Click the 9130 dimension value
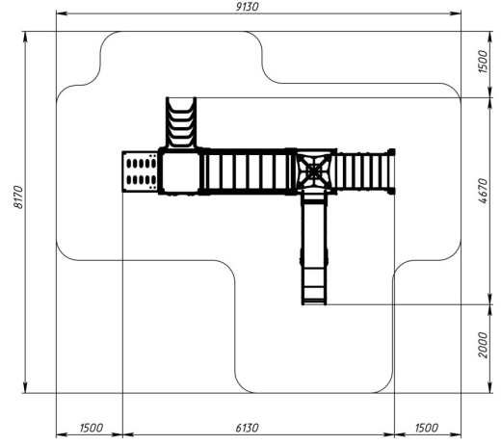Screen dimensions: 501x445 [x=247, y=7]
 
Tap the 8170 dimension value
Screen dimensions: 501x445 [x=18, y=197]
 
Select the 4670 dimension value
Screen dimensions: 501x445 [x=483, y=191]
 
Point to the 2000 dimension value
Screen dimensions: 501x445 [x=483, y=345]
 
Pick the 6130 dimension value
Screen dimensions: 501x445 [x=247, y=428]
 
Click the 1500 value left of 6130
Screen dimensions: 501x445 [x=92, y=428]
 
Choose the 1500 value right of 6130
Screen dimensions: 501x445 [x=426, y=428]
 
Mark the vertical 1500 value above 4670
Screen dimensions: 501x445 [x=483, y=62]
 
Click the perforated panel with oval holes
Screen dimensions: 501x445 [x=141, y=171]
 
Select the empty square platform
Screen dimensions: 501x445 [x=180, y=171]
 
